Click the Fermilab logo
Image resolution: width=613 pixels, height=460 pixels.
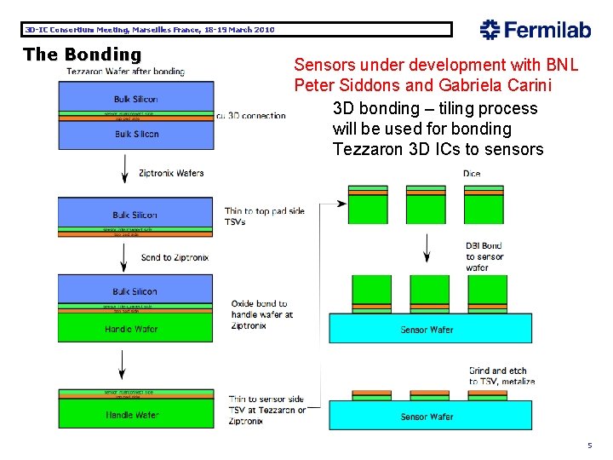(535, 30)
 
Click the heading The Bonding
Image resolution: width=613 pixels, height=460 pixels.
(82, 55)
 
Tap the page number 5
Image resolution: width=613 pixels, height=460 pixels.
(588, 446)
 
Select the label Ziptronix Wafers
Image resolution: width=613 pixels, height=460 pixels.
(171, 173)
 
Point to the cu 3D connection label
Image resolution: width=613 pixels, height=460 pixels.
(251, 115)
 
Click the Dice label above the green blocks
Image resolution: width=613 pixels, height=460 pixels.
(472, 174)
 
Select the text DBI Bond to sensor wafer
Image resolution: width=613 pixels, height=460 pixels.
(484, 256)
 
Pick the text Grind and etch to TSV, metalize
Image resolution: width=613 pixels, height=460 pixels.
(501, 376)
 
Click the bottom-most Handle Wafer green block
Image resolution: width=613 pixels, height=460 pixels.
(132, 415)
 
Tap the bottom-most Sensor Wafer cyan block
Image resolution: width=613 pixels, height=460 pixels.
(427, 417)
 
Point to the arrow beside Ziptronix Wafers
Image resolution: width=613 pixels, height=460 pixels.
(122, 174)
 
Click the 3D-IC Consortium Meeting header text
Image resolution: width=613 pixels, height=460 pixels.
(150, 30)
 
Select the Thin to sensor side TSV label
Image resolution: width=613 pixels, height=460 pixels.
(266, 409)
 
